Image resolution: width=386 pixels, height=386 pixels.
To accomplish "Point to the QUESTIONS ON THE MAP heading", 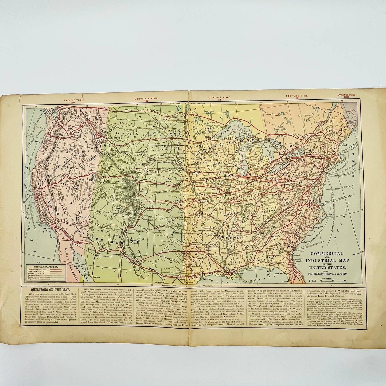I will click(x=46, y=289).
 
